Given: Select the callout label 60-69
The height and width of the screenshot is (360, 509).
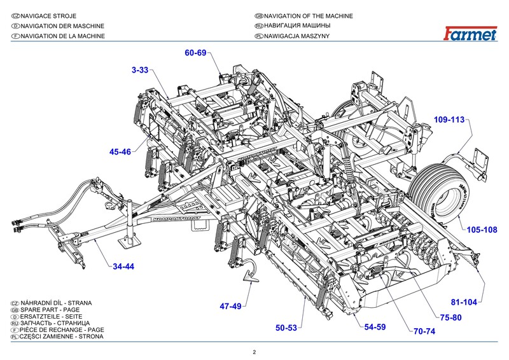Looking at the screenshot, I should pyautogui.click(x=196, y=52).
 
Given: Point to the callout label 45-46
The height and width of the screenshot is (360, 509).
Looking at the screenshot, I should pyautogui.click(x=120, y=152).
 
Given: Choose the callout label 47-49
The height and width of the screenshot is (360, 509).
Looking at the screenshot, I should pyautogui.click(x=231, y=307).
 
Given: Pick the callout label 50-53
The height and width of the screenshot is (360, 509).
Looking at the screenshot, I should pyautogui.click(x=286, y=328).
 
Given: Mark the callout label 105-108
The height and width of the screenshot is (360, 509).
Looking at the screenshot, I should pyautogui.click(x=482, y=230).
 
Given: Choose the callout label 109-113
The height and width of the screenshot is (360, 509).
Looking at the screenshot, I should pyautogui.click(x=450, y=120).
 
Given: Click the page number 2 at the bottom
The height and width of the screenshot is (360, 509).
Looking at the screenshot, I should pyautogui.click(x=254, y=352).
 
